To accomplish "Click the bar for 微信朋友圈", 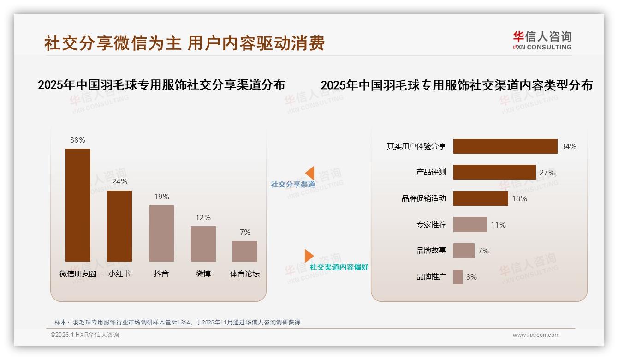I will point(77,205).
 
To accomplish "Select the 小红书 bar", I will point(119,226).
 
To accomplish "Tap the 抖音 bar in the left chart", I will point(161,233).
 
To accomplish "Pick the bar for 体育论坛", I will point(245,251).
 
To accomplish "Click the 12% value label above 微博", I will point(203,217).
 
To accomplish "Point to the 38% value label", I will point(77,140).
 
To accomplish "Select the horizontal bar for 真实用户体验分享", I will point(505,146).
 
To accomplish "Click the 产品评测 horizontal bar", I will point(494,172).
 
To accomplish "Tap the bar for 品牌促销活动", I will point(481,198).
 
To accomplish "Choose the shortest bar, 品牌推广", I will point(458,277).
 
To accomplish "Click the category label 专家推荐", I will point(431,225).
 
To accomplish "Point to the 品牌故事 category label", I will point(431,251).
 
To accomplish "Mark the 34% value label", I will point(569,146).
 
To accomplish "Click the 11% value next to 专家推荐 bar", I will point(498,225).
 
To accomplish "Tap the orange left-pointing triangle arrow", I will point(310,173).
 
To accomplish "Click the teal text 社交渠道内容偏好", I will point(339,267).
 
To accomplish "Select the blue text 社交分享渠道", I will point(293,184).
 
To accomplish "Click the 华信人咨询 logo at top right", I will point(542,40).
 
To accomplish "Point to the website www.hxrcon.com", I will point(535,335).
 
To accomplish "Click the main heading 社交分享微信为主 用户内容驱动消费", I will point(184,42).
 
